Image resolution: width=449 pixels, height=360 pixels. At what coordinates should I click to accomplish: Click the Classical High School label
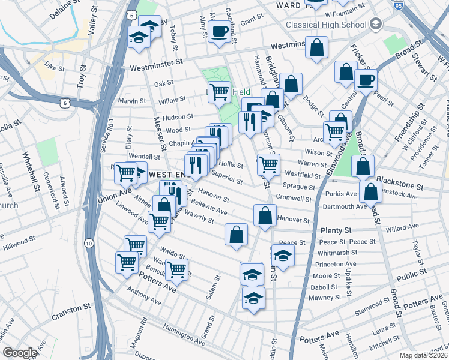coord(326,25)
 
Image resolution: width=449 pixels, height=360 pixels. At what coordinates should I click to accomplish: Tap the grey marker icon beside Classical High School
coord(376,24)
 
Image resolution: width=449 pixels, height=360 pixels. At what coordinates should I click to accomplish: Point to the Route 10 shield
coord(89,243)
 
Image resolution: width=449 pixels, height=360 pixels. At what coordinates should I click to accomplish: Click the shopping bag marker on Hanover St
coord(265,216)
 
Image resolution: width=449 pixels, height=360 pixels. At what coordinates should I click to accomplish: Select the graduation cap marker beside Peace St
coord(283,256)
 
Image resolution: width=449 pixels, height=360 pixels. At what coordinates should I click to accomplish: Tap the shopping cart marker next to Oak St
coord(219,91)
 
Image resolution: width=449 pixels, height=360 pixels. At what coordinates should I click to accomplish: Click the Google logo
coord(19,353)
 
